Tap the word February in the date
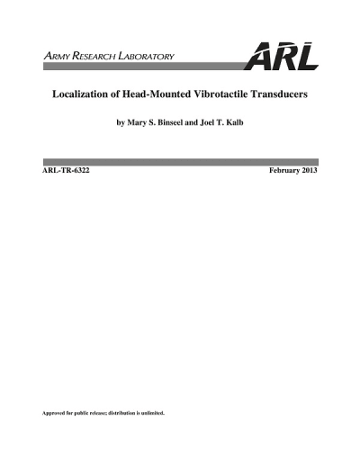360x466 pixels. (286, 170)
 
